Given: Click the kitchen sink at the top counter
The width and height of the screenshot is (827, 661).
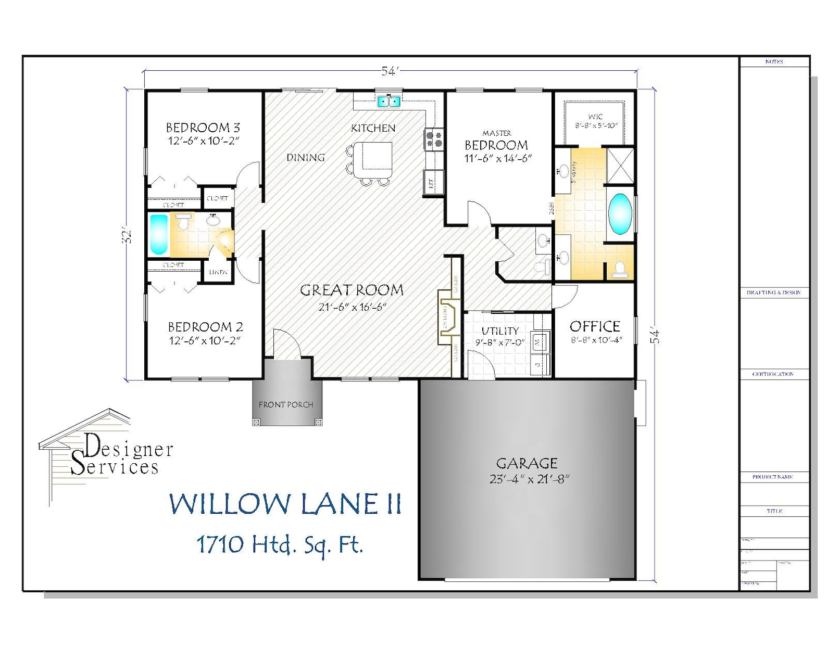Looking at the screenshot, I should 389,100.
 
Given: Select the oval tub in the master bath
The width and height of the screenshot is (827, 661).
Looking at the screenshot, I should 620,213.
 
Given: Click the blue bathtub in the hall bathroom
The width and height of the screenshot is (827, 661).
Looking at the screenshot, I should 159,234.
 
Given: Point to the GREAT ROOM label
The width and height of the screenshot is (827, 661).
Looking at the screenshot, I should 352,290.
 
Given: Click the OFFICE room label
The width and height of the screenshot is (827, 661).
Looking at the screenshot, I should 595,326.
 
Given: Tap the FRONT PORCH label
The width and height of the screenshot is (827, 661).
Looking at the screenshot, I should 286,404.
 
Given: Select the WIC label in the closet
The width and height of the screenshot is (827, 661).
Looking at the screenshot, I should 595,117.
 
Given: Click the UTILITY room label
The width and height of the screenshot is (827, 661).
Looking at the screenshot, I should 500,330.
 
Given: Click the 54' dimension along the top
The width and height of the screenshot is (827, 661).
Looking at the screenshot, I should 390,72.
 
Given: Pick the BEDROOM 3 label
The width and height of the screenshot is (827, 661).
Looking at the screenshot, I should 203,128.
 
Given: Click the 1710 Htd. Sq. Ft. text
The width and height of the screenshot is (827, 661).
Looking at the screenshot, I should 279,545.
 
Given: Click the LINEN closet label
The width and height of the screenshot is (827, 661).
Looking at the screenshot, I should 218,272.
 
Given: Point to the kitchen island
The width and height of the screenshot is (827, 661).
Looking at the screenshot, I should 377,156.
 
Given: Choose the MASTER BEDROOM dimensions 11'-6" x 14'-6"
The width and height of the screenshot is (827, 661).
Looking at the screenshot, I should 497,159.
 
